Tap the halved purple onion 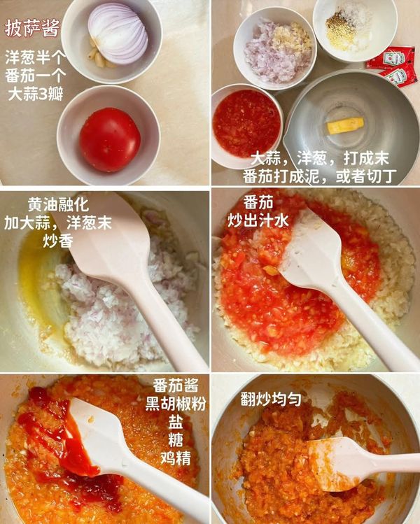click(x=118, y=32)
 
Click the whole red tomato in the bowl click(x=109, y=139)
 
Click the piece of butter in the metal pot click(x=345, y=126)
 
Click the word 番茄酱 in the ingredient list click(x=176, y=385)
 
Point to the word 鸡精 click(x=176, y=458)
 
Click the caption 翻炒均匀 click(x=271, y=399)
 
